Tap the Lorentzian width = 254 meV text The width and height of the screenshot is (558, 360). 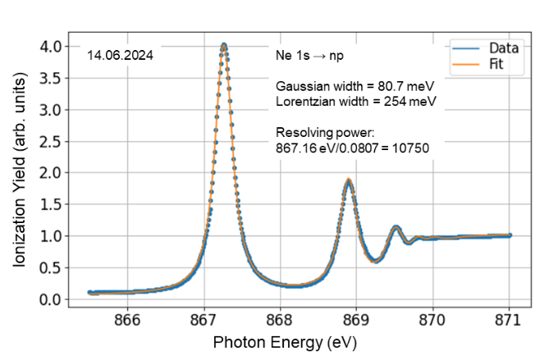click(x=355, y=102)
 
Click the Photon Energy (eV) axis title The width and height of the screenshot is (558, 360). click(x=285, y=340)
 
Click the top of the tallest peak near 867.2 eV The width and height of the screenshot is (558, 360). click(x=223, y=45)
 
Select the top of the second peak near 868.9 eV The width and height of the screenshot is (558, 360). click(x=349, y=180)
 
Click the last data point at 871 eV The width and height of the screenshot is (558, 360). click(x=510, y=235)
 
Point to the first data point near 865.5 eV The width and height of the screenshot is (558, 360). click(x=89, y=292)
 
